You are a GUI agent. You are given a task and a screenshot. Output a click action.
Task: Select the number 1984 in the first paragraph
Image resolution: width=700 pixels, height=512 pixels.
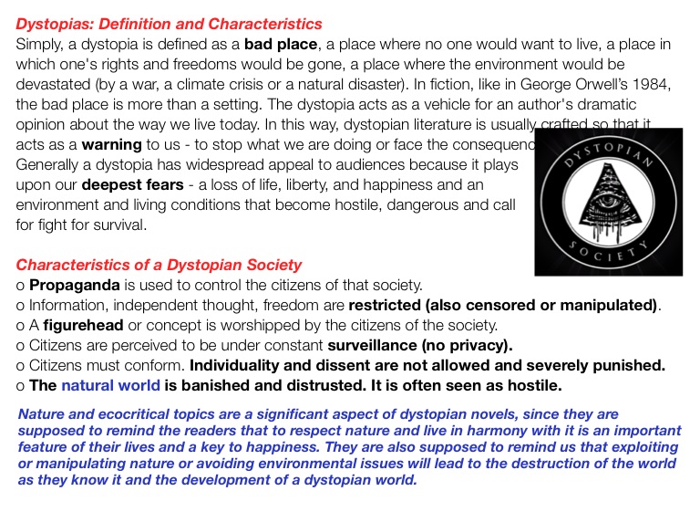[651, 84]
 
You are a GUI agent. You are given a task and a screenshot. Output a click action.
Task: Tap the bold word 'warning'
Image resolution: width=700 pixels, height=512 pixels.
[111, 144]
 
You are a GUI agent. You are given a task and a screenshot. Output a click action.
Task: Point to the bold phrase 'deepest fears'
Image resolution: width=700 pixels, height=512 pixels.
[132, 184]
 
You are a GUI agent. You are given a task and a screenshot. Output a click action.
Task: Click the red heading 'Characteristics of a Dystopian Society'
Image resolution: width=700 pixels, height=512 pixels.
[159, 265]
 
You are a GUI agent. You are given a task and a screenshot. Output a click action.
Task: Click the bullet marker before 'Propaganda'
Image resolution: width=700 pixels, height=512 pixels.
[20, 286]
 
